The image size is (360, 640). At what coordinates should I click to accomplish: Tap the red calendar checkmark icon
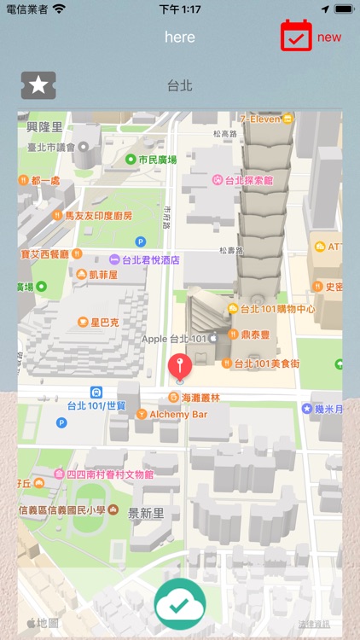296,36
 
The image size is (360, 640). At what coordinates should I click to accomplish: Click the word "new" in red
329,38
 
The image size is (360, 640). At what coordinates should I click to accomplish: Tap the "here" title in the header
180,38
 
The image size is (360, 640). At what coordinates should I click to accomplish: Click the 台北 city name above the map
180,85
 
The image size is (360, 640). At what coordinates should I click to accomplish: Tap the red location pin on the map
179,366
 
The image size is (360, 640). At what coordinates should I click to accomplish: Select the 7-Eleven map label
259,119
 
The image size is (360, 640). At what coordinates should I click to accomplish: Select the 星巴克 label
103,323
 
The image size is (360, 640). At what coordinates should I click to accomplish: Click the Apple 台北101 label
175,339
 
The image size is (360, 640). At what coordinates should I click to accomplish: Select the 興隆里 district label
45,126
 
